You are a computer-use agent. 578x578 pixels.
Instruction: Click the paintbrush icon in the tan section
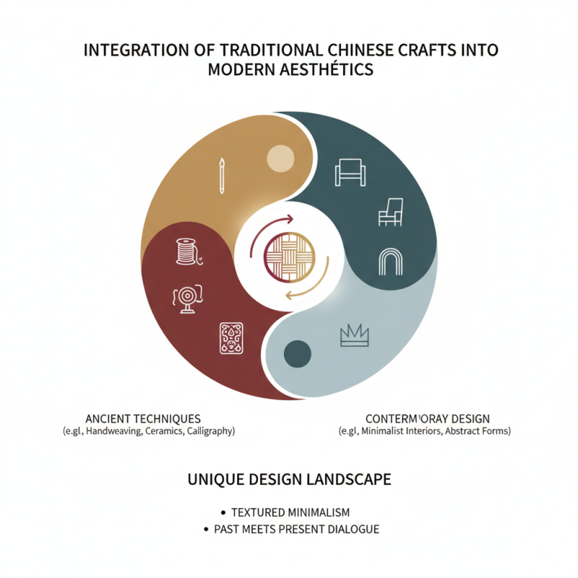[220, 176]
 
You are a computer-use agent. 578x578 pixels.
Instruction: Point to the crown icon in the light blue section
[354, 335]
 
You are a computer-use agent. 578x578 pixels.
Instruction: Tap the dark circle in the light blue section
[297, 353]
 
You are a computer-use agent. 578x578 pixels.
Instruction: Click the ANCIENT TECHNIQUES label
[143, 419]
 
